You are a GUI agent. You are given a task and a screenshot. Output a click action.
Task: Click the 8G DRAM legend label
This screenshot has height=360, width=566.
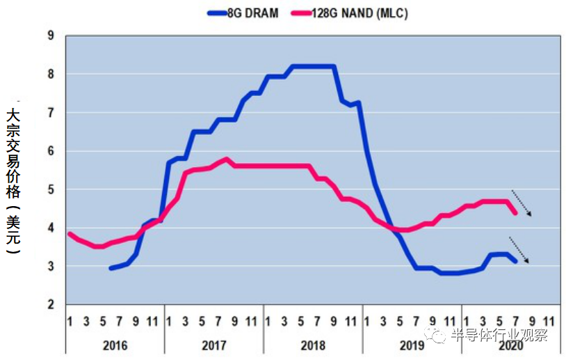click(254, 13)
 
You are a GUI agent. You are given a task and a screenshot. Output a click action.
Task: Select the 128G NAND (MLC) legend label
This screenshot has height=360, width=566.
click(360, 13)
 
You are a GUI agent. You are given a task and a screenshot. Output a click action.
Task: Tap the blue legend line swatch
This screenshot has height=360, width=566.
click(218, 13)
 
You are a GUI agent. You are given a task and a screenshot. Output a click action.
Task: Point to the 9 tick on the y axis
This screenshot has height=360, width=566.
click(51, 36)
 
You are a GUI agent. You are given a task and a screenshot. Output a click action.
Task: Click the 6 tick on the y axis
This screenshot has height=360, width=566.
click(51, 151)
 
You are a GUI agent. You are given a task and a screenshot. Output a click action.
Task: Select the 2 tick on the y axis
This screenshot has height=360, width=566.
click(51, 305)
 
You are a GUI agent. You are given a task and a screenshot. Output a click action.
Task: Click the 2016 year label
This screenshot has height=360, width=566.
click(115, 345)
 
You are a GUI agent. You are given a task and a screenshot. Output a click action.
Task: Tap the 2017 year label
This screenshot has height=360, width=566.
click(213, 345)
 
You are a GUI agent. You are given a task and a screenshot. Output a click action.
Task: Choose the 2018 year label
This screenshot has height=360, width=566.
click(313, 345)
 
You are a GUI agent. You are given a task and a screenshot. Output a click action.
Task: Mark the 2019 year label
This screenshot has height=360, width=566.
click(412, 345)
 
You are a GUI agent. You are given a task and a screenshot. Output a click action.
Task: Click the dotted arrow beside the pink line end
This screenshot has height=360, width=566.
click(521, 203)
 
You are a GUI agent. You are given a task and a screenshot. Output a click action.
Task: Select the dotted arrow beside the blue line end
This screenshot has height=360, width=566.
click(519, 250)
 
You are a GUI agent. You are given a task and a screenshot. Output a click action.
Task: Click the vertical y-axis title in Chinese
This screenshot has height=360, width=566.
click(13, 180)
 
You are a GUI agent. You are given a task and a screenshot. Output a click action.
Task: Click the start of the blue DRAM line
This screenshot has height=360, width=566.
click(111, 267)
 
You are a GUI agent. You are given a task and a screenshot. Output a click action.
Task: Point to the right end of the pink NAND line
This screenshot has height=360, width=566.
click(515, 213)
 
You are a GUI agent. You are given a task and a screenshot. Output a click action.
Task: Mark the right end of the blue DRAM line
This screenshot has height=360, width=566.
click(515, 260)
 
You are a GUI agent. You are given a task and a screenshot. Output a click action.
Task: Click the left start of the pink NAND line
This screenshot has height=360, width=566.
click(69, 234)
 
